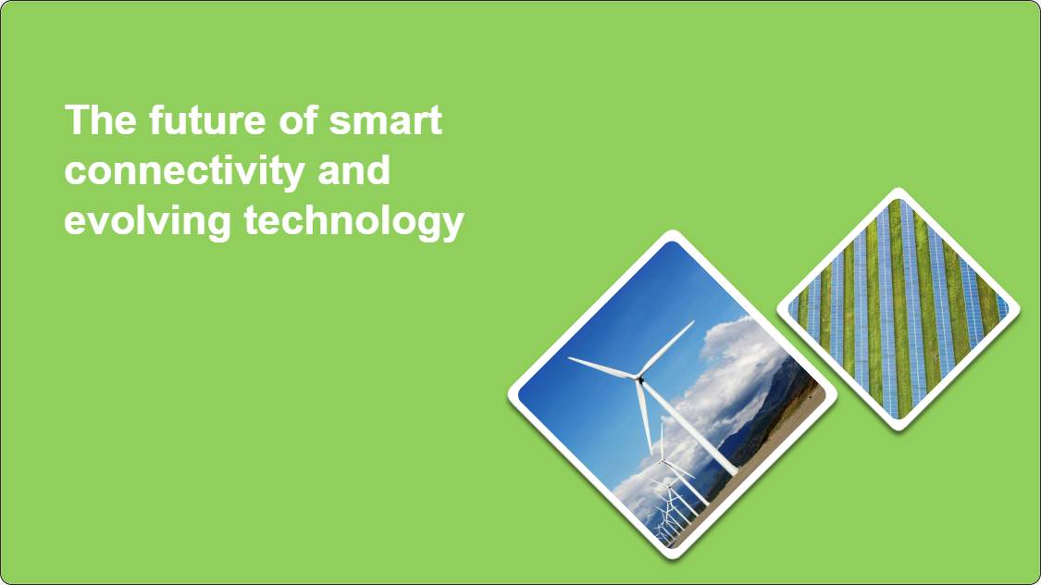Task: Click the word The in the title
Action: pyautogui.click(x=100, y=119)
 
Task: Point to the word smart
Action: pyautogui.click(x=385, y=121)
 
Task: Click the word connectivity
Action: pyautogui.click(x=184, y=171)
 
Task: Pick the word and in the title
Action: pyautogui.click(x=353, y=170)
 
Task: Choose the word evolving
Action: pyautogui.click(x=147, y=221)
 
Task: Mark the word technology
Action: pyautogui.click(x=353, y=221)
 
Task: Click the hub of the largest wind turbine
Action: pyautogui.click(x=639, y=379)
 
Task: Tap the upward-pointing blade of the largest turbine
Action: pyautogui.click(x=667, y=349)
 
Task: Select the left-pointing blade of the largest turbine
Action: pyautogui.click(x=602, y=367)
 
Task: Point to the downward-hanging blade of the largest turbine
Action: pyautogui.click(x=643, y=417)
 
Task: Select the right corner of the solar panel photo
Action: pyautogui.click(x=1019, y=309)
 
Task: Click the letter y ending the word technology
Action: pyautogui.click(x=453, y=227)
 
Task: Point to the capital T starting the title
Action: pyautogui.click(x=76, y=119)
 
